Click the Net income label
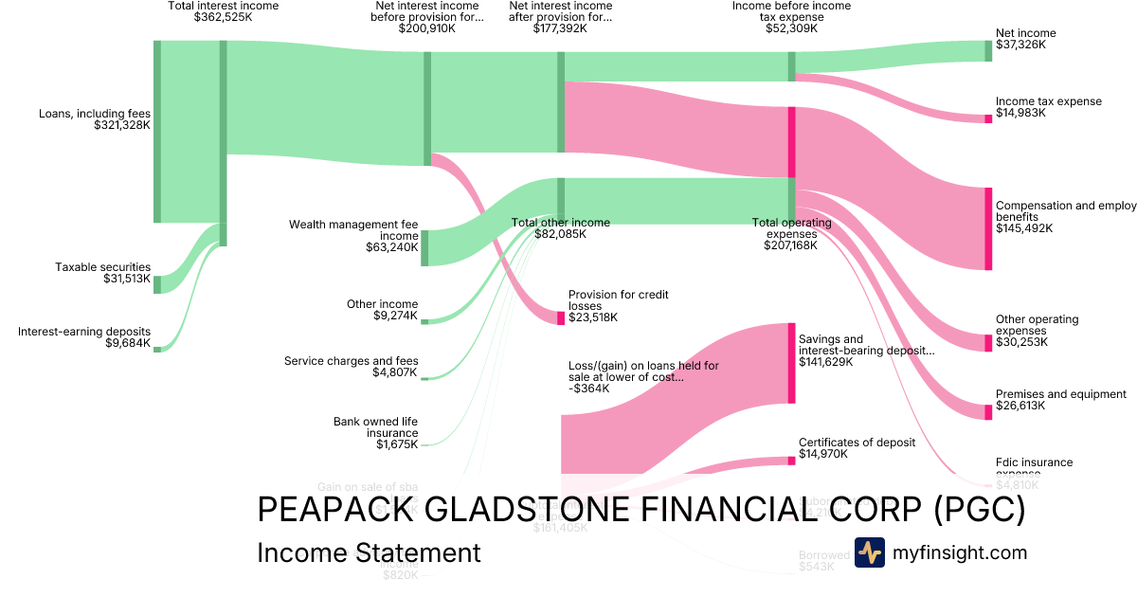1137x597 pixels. pos(1025,33)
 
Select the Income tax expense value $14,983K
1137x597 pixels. pos(1022,113)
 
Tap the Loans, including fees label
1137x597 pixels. pos(94,114)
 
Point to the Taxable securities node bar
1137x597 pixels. pos(157,284)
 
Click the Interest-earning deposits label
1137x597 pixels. pos(84,332)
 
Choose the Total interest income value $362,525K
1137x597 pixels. pos(224,17)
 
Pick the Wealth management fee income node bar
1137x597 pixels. pos(424,248)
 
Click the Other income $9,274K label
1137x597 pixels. pos(382,304)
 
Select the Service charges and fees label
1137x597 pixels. pos(351,361)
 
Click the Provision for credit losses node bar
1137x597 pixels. pos(561,317)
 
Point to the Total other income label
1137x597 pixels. pos(561,223)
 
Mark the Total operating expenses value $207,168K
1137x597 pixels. pos(791,245)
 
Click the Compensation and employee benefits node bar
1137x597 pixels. pos(988,229)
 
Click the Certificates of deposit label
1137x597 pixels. pos(857,442)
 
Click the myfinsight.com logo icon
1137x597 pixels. pos(870,552)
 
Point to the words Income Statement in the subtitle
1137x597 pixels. pos(369,553)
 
